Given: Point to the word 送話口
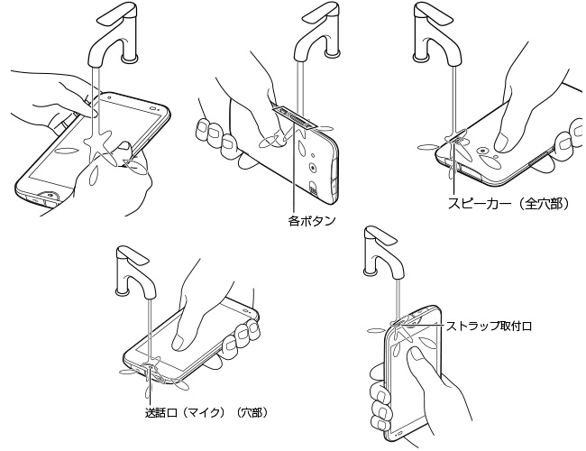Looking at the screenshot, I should pos(162,412).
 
